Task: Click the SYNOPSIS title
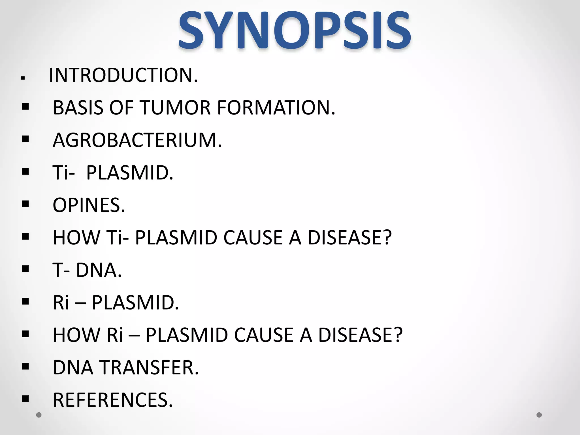pyautogui.click(x=295, y=30)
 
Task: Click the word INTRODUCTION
pyautogui.click(x=123, y=75)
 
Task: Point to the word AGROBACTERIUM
pyautogui.click(x=137, y=140)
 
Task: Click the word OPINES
pyautogui.click(x=89, y=205)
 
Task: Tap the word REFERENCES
pyautogui.click(x=113, y=400)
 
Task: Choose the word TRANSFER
pyautogui.click(x=150, y=368)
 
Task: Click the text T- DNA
pyautogui.click(x=87, y=270)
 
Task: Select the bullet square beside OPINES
pyautogui.click(x=25, y=204)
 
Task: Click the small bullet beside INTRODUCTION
pyautogui.click(x=23, y=78)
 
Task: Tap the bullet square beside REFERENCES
pyautogui.click(x=25, y=399)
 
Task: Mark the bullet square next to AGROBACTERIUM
pyautogui.click(x=25, y=139)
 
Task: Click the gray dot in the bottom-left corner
pyautogui.click(x=39, y=415)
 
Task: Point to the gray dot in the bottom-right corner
pyautogui.click(x=539, y=415)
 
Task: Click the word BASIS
pyautogui.click(x=78, y=108)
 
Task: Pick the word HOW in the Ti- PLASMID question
pyautogui.click(x=76, y=237)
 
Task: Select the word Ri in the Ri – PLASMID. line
pyautogui.click(x=61, y=302)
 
